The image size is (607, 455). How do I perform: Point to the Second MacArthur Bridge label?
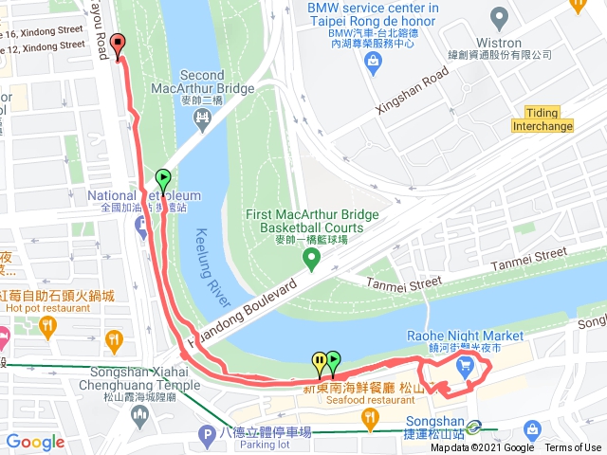coord(201,82)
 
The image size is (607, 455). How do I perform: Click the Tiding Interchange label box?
coord(543,118)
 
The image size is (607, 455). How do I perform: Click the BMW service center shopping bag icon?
coord(372,64)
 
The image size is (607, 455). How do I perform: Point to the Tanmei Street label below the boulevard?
coord(403,282)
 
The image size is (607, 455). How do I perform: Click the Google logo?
coord(35,442)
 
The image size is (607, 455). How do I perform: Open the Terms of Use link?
coord(573,447)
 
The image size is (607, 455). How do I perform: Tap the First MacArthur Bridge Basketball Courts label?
coord(304,221)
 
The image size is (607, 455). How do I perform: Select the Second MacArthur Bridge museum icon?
coord(201,116)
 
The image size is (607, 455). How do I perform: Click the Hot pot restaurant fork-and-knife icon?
coord(114,337)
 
